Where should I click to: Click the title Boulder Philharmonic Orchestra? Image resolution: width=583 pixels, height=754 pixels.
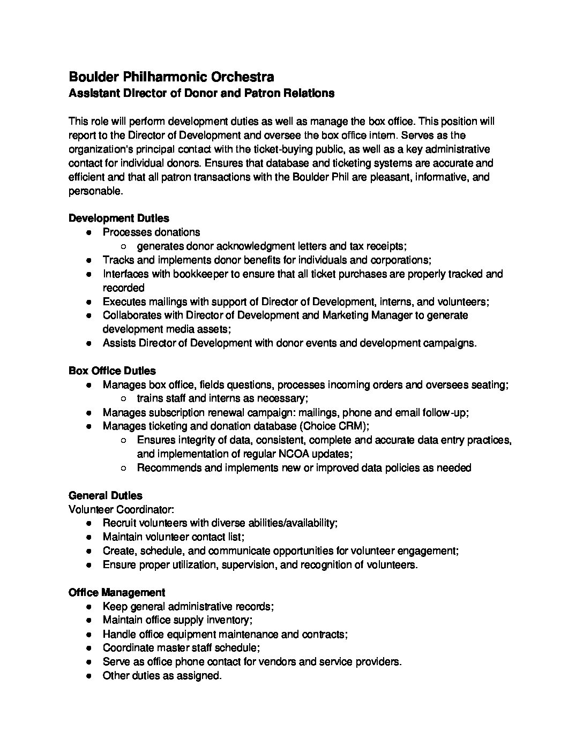pos(171,77)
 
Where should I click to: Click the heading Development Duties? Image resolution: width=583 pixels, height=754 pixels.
pos(118,218)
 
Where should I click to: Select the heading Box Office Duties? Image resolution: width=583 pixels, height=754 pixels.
pos(112,371)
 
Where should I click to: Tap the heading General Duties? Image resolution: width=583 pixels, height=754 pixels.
pos(106,495)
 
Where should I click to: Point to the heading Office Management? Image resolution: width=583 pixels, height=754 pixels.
pos(117,592)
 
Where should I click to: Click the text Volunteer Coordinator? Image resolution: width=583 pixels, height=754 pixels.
pos(121,509)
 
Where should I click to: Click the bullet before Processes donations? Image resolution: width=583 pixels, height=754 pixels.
pos(89,232)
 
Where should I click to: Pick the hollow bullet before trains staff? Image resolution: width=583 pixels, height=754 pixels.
pos(124,399)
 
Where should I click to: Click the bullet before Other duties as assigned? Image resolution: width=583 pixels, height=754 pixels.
pos(89,676)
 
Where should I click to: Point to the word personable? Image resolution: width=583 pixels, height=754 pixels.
pos(95,191)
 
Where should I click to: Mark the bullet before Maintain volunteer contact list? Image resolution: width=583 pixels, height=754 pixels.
pos(89,537)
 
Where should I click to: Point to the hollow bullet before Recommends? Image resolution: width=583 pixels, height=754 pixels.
pos(124,468)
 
